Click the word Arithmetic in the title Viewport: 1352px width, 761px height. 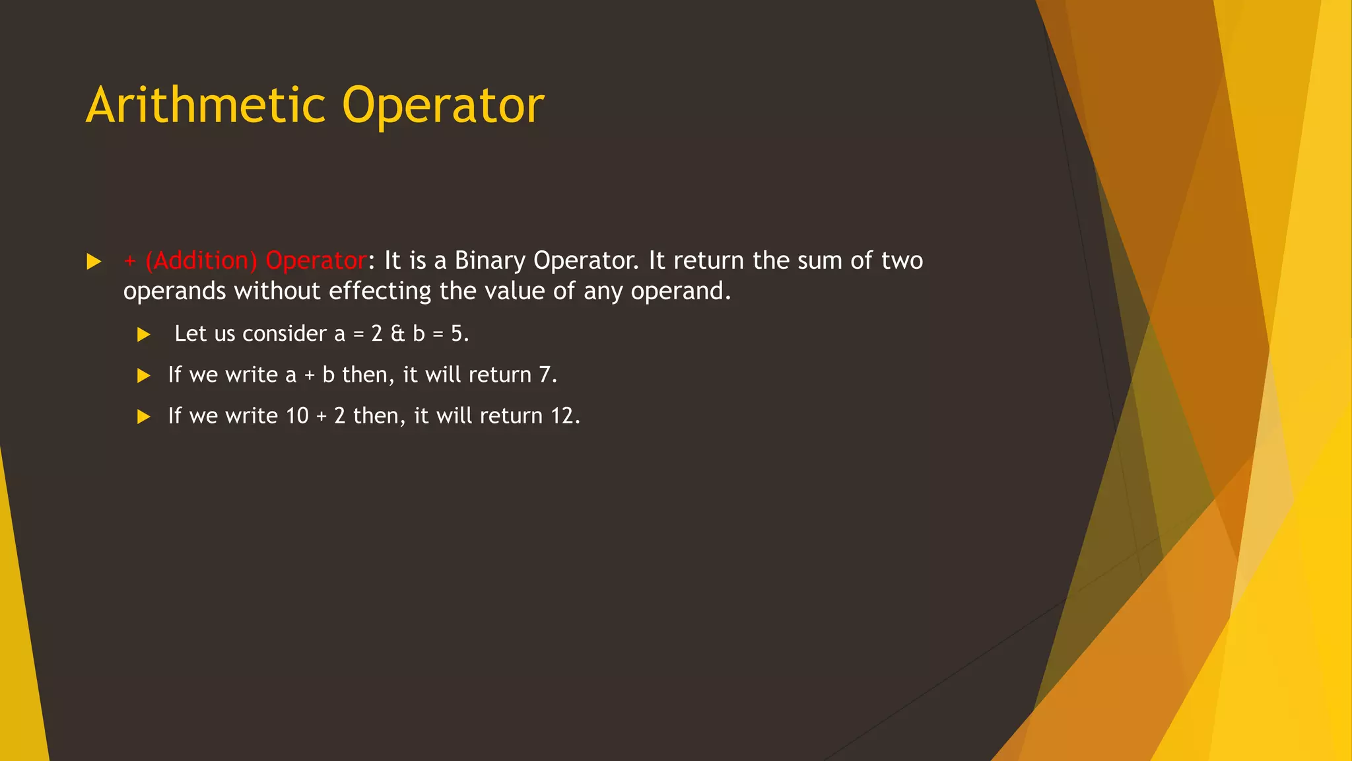pos(206,106)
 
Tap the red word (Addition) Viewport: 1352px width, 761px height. pos(201,261)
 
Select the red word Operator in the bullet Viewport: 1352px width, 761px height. pos(316,261)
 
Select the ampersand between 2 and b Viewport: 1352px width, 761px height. pos(397,334)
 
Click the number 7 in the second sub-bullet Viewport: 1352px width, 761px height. pos(545,375)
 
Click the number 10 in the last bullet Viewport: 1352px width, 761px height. pos(297,416)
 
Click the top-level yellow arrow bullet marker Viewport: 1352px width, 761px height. pos(94,262)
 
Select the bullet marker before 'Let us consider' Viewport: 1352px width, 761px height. pos(143,335)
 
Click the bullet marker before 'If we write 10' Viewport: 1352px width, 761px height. pos(143,417)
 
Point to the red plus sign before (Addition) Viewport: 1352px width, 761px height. pos(130,262)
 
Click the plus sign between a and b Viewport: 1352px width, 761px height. pos(310,376)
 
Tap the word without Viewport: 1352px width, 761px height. pos(277,291)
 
